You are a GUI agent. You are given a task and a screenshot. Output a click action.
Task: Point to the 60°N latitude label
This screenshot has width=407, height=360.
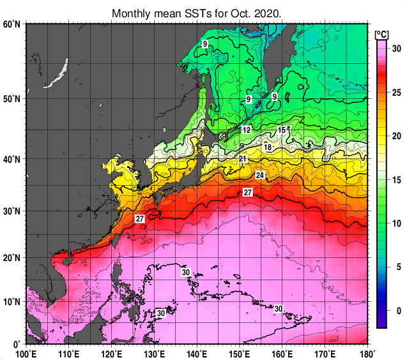(x=12, y=24)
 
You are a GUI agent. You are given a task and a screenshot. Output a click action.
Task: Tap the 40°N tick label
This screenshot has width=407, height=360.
(x=12, y=160)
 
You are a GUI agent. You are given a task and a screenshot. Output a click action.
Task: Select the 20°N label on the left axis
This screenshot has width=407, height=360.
(x=12, y=257)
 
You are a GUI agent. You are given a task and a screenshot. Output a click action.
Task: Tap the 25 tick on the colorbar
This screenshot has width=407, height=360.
(x=396, y=93)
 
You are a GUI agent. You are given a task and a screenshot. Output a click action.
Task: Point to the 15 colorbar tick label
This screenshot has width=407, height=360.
(x=396, y=179)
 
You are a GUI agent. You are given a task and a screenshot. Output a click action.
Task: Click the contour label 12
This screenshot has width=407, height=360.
(x=246, y=130)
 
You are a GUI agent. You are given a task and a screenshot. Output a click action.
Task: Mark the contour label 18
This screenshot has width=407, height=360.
(x=268, y=147)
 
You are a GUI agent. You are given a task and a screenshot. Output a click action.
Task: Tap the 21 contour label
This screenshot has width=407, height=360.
(x=243, y=159)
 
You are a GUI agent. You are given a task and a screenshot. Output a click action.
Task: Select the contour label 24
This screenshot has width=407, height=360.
(x=259, y=175)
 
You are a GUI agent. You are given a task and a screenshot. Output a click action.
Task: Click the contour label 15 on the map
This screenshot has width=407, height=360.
(x=281, y=130)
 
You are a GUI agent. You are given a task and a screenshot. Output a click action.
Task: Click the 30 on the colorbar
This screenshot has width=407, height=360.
(x=396, y=49)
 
